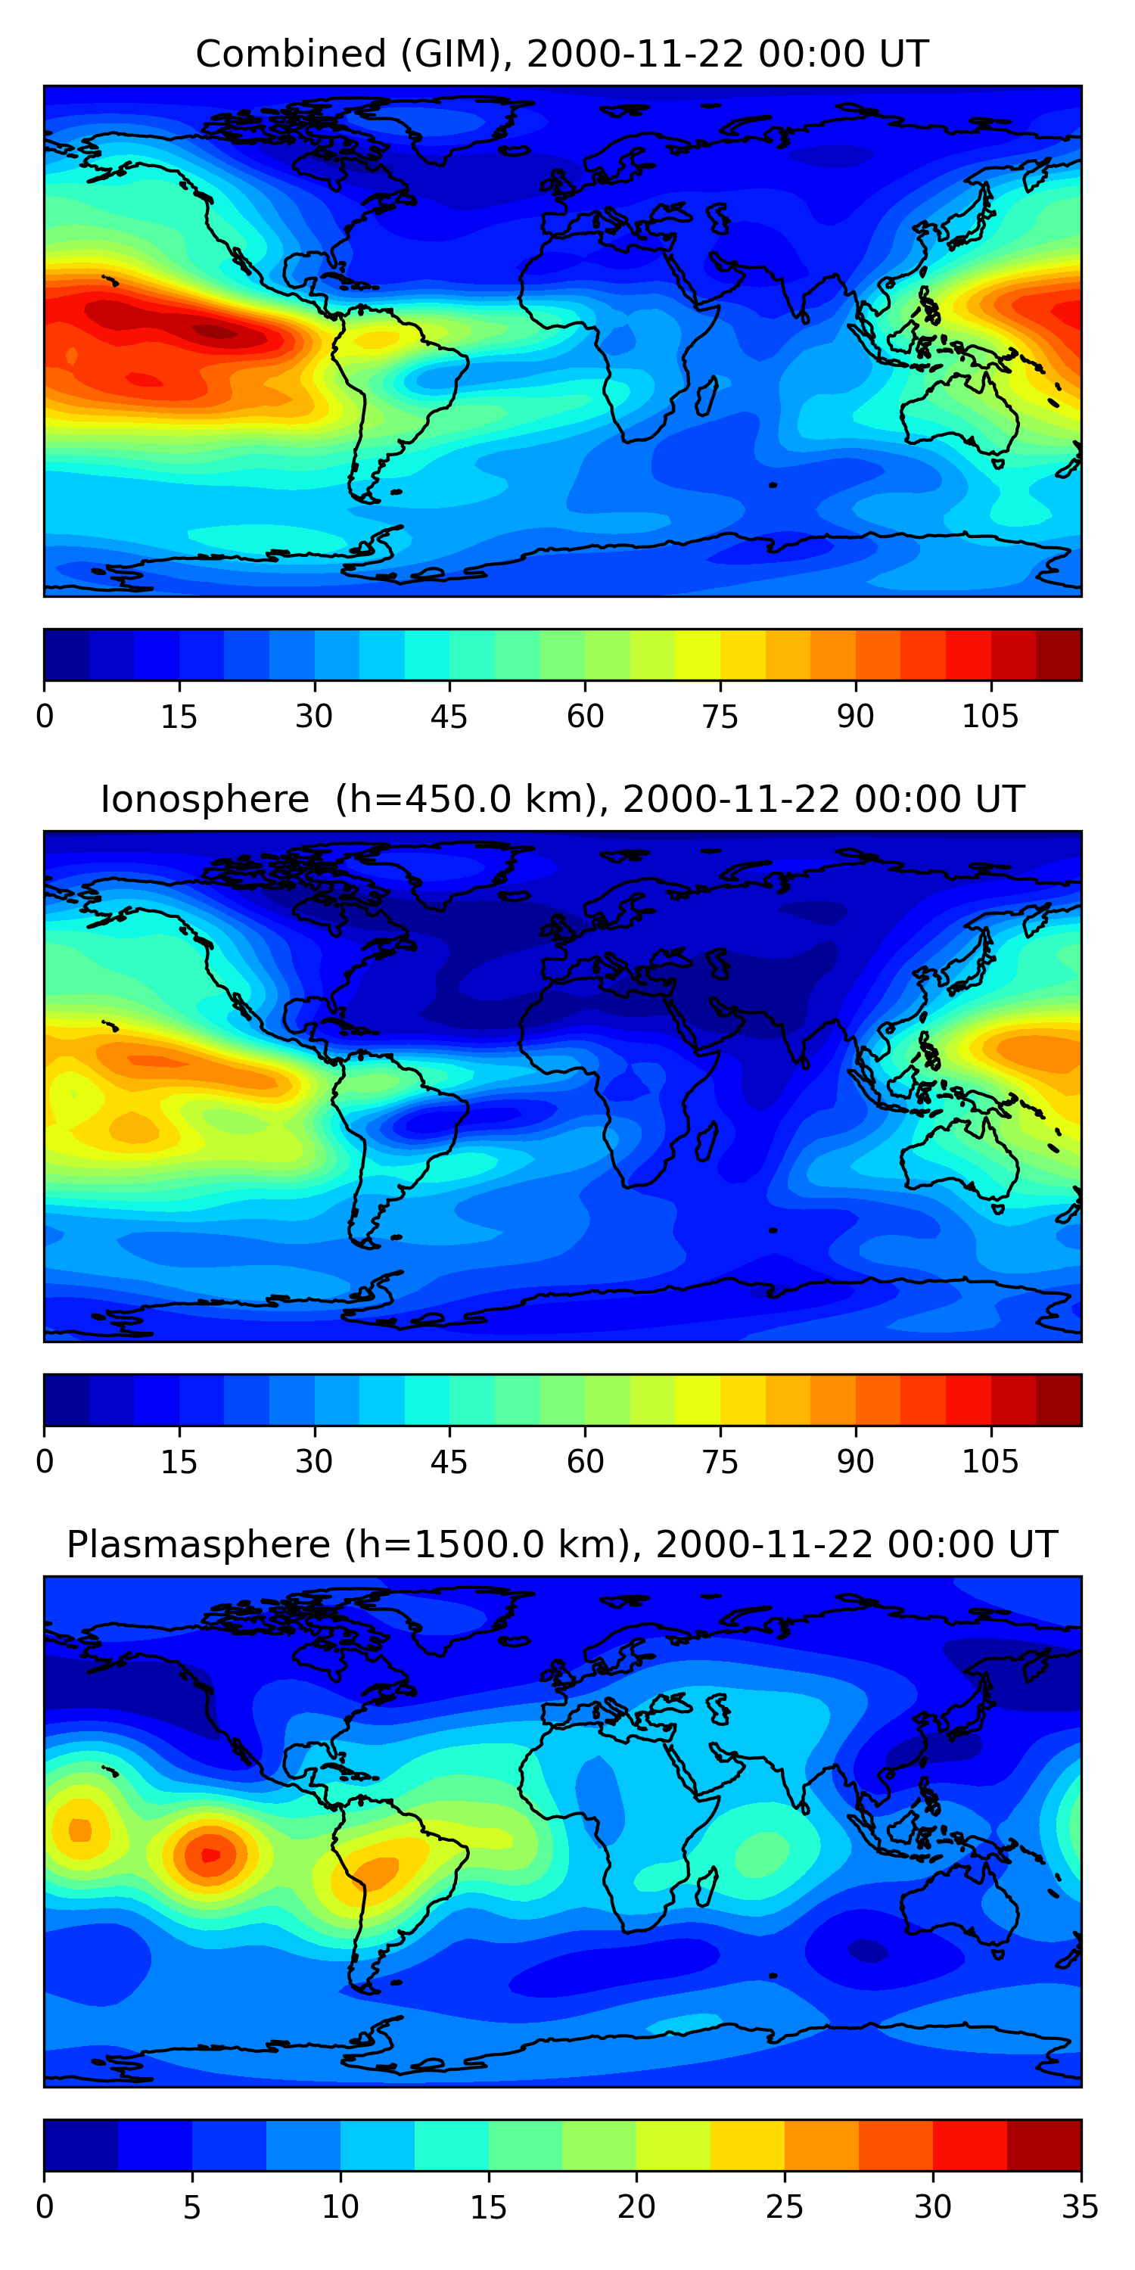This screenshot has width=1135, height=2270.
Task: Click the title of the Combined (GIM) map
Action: [x=561, y=54]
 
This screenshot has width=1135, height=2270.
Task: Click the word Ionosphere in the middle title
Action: [x=204, y=800]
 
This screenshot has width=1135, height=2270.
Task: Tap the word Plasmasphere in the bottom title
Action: [x=198, y=1545]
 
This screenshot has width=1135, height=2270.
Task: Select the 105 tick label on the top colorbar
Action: [x=990, y=717]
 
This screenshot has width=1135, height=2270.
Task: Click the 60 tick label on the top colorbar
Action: [x=585, y=717]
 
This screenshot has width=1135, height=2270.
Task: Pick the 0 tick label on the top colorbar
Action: [x=45, y=717]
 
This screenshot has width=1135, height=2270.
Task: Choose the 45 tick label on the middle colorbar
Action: [x=449, y=1462]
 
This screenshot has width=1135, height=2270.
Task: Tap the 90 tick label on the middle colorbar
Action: [x=855, y=1462]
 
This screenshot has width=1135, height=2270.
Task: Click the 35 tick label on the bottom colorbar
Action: [x=1080, y=2207]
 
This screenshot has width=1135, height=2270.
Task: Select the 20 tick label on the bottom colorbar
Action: [x=636, y=2207]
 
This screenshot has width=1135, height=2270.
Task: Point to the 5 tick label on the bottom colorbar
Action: [x=192, y=2207]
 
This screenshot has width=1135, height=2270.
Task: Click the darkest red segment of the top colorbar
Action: [x=1059, y=655]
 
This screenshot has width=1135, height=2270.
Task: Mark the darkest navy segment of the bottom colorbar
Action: [x=81, y=2145]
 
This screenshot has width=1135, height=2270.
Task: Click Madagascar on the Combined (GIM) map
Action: [x=707, y=396]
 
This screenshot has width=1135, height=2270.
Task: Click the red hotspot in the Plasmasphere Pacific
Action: [x=210, y=1854]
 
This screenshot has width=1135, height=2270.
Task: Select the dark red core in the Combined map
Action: [x=215, y=331]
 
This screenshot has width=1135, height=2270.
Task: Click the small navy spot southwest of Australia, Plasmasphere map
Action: [x=869, y=1950]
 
